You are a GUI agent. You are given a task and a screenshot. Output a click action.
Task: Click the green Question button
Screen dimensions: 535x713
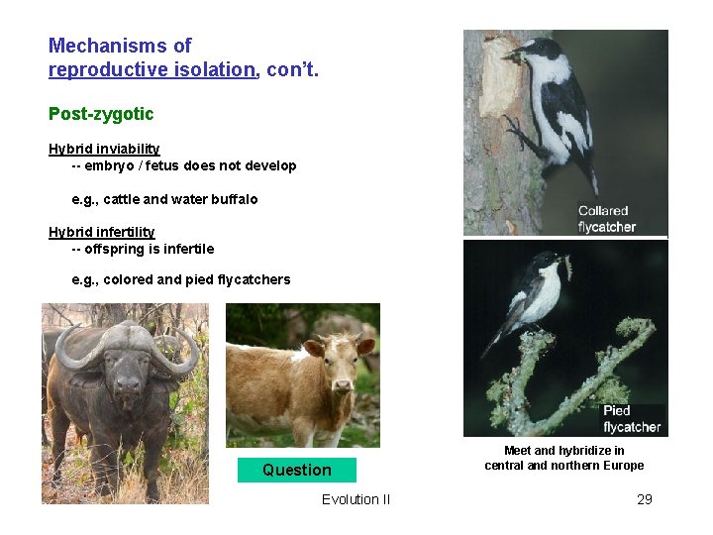click(x=296, y=470)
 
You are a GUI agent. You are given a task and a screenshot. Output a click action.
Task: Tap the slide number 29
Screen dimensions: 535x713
click(x=644, y=499)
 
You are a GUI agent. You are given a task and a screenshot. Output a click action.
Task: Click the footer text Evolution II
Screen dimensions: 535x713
click(x=356, y=499)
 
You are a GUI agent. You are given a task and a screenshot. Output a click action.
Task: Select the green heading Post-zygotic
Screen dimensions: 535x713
click(x=101, y=114)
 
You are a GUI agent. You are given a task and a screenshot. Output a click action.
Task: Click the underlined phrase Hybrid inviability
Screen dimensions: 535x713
click(x=104, y=149)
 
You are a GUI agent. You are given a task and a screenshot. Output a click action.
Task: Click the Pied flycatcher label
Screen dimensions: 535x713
click(x=631, y=418)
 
